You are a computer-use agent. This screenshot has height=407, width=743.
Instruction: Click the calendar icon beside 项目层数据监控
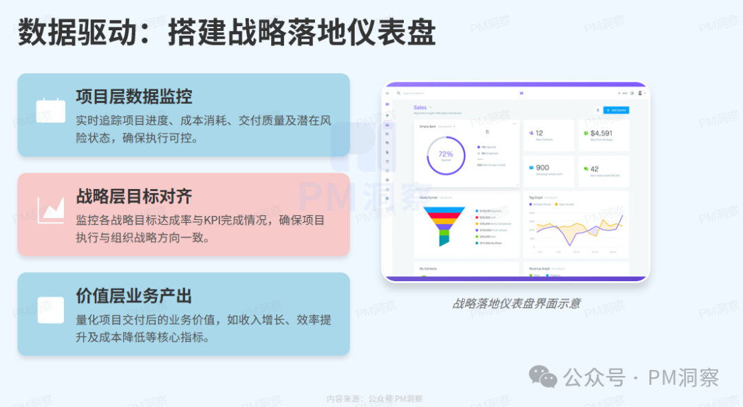coord(51,110)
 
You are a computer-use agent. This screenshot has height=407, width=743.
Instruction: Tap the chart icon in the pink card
coord(51,209)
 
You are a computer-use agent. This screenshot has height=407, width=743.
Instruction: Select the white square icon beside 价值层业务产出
coord(51,309)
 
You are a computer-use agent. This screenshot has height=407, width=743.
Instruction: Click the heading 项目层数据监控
coord(133,96)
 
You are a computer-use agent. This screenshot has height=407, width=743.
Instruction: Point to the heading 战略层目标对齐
coord(133,196)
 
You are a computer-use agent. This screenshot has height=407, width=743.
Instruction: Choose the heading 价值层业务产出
coord(133,296)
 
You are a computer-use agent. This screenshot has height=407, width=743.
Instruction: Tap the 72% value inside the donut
coord(446,154)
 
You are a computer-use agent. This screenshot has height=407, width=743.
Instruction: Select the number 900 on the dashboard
coord(542,168)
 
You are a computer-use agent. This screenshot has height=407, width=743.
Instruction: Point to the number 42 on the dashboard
coord(594,168)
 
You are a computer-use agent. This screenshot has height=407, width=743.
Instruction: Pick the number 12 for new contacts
coord(539,133)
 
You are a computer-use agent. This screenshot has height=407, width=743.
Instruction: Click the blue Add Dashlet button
coord(616,110)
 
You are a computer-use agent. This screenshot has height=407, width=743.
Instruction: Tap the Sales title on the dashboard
coord(420,108)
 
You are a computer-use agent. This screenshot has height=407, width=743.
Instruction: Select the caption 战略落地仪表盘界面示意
coord(516,302)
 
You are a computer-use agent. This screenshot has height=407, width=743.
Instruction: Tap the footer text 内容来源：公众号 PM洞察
coord(375,399)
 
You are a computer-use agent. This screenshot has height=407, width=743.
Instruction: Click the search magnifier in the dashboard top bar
coord(398,93)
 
